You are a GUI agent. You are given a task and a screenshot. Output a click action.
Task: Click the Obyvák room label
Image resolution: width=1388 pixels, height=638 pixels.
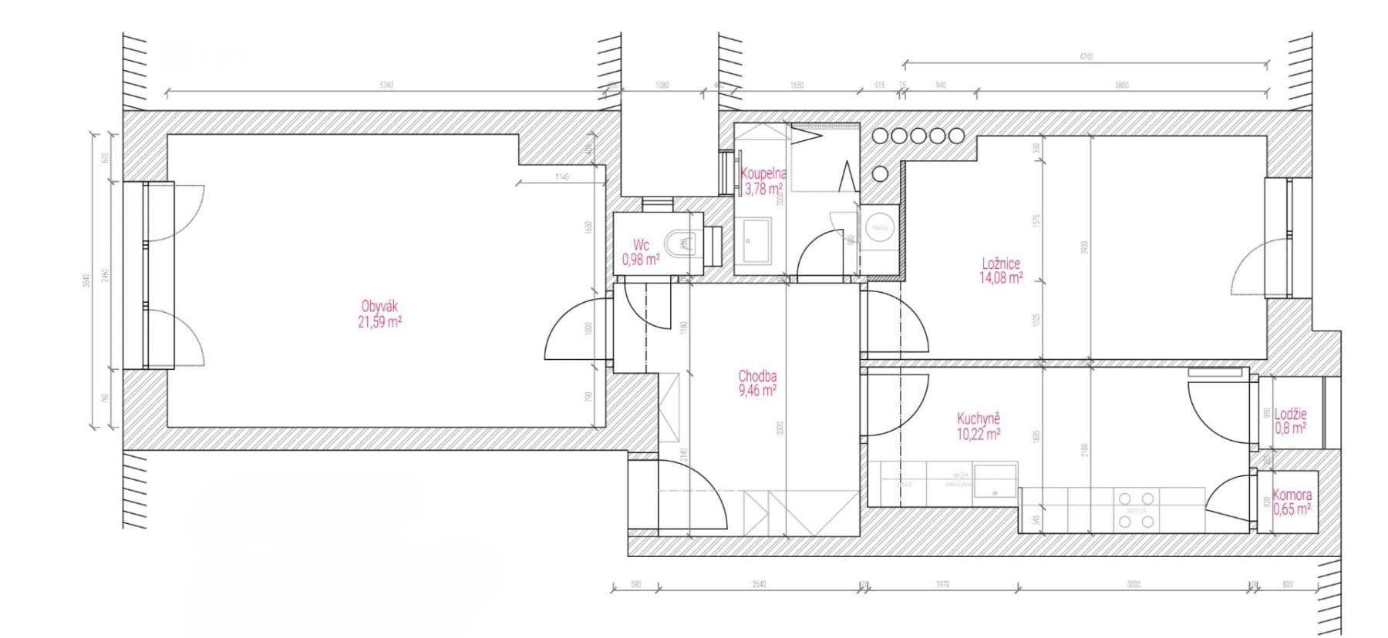tap(379, 314)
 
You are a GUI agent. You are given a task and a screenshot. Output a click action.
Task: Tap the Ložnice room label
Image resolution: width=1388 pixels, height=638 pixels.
tap(1001, 270)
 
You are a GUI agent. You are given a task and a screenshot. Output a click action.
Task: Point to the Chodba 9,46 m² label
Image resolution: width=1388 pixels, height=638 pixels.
tap(757, 383)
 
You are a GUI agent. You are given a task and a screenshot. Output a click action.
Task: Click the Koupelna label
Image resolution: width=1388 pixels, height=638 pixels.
tap(763, 180)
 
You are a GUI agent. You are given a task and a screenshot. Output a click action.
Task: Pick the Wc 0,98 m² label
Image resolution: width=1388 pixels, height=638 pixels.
tap(641, 253)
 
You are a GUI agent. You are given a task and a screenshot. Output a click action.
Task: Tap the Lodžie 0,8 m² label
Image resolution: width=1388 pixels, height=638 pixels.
tap(1290, 421)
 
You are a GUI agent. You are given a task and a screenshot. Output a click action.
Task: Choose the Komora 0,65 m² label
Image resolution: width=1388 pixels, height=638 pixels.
tap(1292, 502)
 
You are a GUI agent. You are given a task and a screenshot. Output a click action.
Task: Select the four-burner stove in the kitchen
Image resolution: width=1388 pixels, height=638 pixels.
tap(1137, 510)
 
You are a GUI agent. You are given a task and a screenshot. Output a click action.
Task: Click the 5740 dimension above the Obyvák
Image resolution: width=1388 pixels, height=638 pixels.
tap(386, 86)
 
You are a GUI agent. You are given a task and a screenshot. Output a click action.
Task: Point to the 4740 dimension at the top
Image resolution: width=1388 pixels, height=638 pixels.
tap(1086, 57)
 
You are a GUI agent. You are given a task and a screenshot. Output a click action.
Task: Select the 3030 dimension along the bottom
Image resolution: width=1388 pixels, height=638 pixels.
tap(1133, 585)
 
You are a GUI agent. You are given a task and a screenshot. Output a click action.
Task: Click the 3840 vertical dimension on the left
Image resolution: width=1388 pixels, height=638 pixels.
tap(86, 280)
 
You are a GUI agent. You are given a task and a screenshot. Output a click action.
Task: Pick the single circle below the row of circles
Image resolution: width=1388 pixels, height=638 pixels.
tap(880, 173)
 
